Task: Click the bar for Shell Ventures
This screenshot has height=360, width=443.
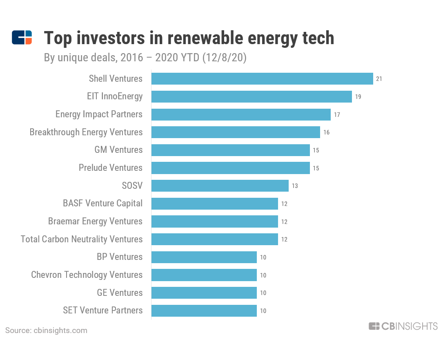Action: [262, 79]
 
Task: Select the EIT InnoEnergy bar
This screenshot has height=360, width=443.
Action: [252, 97]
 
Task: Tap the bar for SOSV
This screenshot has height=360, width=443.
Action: [220, 186]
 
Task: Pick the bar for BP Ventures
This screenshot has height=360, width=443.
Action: [204, 257]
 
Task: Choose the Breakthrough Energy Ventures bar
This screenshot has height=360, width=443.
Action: [236, 132]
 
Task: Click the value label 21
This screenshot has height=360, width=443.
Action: [379, 79]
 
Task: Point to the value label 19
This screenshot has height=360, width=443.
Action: [358, 97]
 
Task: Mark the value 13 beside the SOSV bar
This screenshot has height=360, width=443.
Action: [295, 186]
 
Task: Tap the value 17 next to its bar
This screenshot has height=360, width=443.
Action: [337, 115]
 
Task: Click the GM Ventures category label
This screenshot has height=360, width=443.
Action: [118, 150]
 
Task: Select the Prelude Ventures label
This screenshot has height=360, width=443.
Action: [111, 168]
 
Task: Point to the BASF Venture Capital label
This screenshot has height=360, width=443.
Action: [103, 203]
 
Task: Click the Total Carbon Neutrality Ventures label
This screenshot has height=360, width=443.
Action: [82, 239]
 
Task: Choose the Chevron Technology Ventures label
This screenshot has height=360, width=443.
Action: [87, 275]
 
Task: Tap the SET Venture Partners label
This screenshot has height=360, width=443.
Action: [103, 311]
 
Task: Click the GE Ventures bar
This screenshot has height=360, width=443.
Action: [204, 293]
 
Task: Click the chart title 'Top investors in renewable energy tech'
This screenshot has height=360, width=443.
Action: [189, 38]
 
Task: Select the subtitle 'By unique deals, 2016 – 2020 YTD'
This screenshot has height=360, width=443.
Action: [145, 58]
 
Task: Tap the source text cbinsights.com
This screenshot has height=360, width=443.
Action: [46, 331]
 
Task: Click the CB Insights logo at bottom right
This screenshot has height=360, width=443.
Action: [403, 326]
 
